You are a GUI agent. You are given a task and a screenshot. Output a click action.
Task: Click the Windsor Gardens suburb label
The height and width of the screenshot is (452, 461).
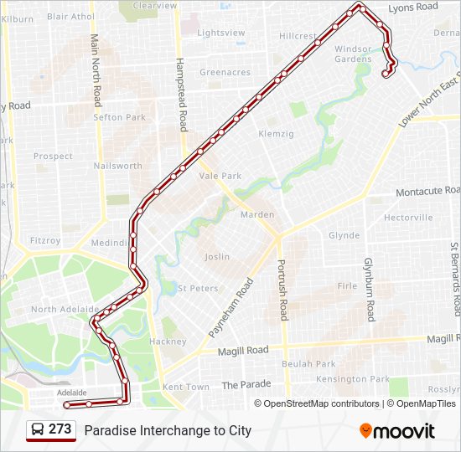point(353,54)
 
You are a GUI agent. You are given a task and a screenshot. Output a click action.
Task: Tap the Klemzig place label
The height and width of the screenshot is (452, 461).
point(276,134)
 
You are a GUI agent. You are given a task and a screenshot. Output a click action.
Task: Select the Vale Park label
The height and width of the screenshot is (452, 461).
point(220,176)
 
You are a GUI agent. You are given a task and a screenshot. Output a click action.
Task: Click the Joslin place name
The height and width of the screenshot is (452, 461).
point(216,257)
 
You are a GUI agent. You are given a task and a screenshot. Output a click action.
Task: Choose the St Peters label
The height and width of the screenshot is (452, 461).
point(198,289)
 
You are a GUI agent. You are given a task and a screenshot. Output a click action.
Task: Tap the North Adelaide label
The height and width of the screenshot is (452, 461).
point(56,310)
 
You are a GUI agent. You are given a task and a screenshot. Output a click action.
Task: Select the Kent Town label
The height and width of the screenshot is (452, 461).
point(186,387)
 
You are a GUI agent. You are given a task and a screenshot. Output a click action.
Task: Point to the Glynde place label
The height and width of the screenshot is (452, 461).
point(344,236)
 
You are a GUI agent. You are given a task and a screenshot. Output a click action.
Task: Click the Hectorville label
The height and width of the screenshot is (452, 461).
point(408,218)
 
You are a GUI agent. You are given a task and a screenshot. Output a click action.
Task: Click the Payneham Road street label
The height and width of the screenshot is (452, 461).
point(230,308)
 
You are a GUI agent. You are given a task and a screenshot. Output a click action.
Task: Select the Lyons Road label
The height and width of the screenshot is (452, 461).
point(413,7)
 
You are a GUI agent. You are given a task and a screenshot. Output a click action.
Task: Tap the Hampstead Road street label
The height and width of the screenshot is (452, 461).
point(179,96)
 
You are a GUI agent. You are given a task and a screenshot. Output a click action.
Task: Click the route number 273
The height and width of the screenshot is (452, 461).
point(60,429)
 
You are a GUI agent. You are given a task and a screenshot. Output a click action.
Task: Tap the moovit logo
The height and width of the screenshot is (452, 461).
point(397,431)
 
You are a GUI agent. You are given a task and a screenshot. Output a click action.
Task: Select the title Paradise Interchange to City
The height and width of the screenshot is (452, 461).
point(168,431)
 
